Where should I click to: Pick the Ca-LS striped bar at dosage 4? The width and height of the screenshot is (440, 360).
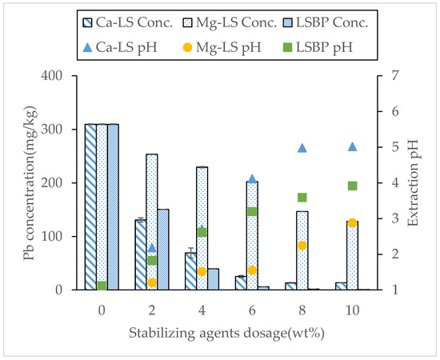[190, 271]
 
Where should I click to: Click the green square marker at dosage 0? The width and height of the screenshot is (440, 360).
[102, 286]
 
